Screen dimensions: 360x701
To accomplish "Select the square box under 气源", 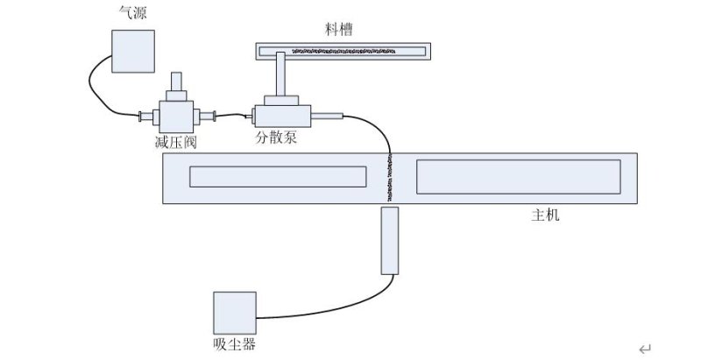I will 133,52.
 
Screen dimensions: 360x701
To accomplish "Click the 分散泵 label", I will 276,138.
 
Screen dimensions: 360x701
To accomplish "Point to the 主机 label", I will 545,215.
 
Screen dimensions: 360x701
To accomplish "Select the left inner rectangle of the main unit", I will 278,177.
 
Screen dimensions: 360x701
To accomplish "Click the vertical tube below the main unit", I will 390,240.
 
